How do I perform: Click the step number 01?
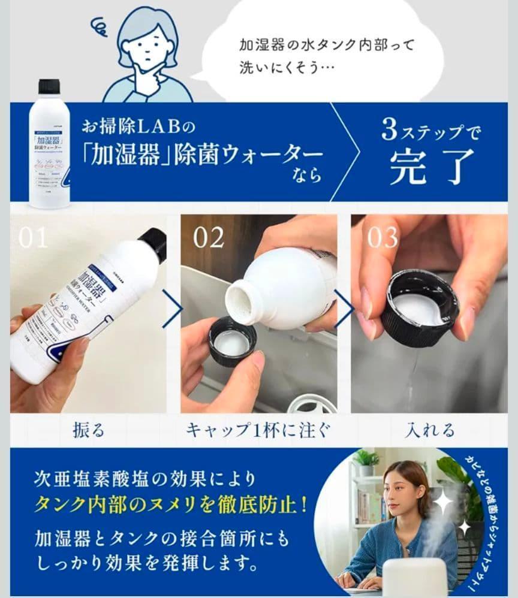33,238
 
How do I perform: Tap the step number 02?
208,238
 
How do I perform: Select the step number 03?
383,238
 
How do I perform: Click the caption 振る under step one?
88,430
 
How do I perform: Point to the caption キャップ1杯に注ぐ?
258,430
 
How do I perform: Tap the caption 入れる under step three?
429,430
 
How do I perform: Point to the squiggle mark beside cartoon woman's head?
99,26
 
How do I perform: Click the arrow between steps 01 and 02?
173,311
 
